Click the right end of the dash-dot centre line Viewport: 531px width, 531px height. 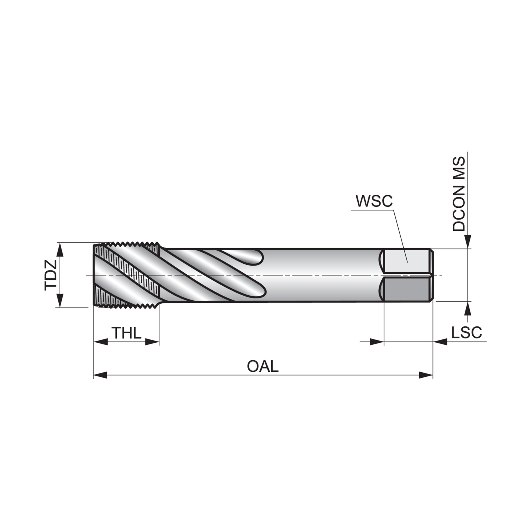point(442,275)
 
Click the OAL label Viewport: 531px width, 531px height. point(263,366)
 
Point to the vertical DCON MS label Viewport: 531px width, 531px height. point(459,194)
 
